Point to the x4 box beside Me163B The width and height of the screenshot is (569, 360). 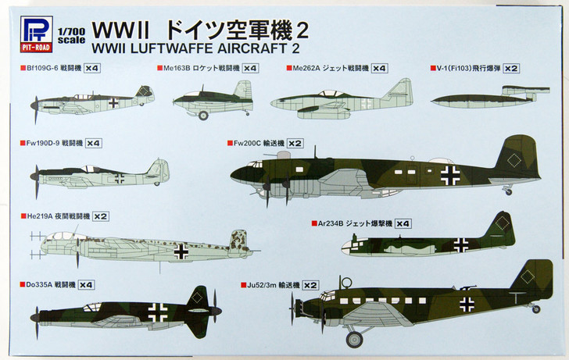[x=250, y=69]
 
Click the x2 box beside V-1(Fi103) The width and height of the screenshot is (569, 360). [x=510, y=69]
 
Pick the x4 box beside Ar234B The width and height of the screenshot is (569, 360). [x=403, y=223]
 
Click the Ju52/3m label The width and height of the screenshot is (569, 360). [x=267, y=284]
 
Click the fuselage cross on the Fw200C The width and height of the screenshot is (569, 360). [x=449, y=175]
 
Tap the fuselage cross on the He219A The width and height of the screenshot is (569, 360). [x=181, y=251]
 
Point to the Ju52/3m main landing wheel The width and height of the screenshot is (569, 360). [x=355, y=338]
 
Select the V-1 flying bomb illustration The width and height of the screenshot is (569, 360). [x=482, y=98]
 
